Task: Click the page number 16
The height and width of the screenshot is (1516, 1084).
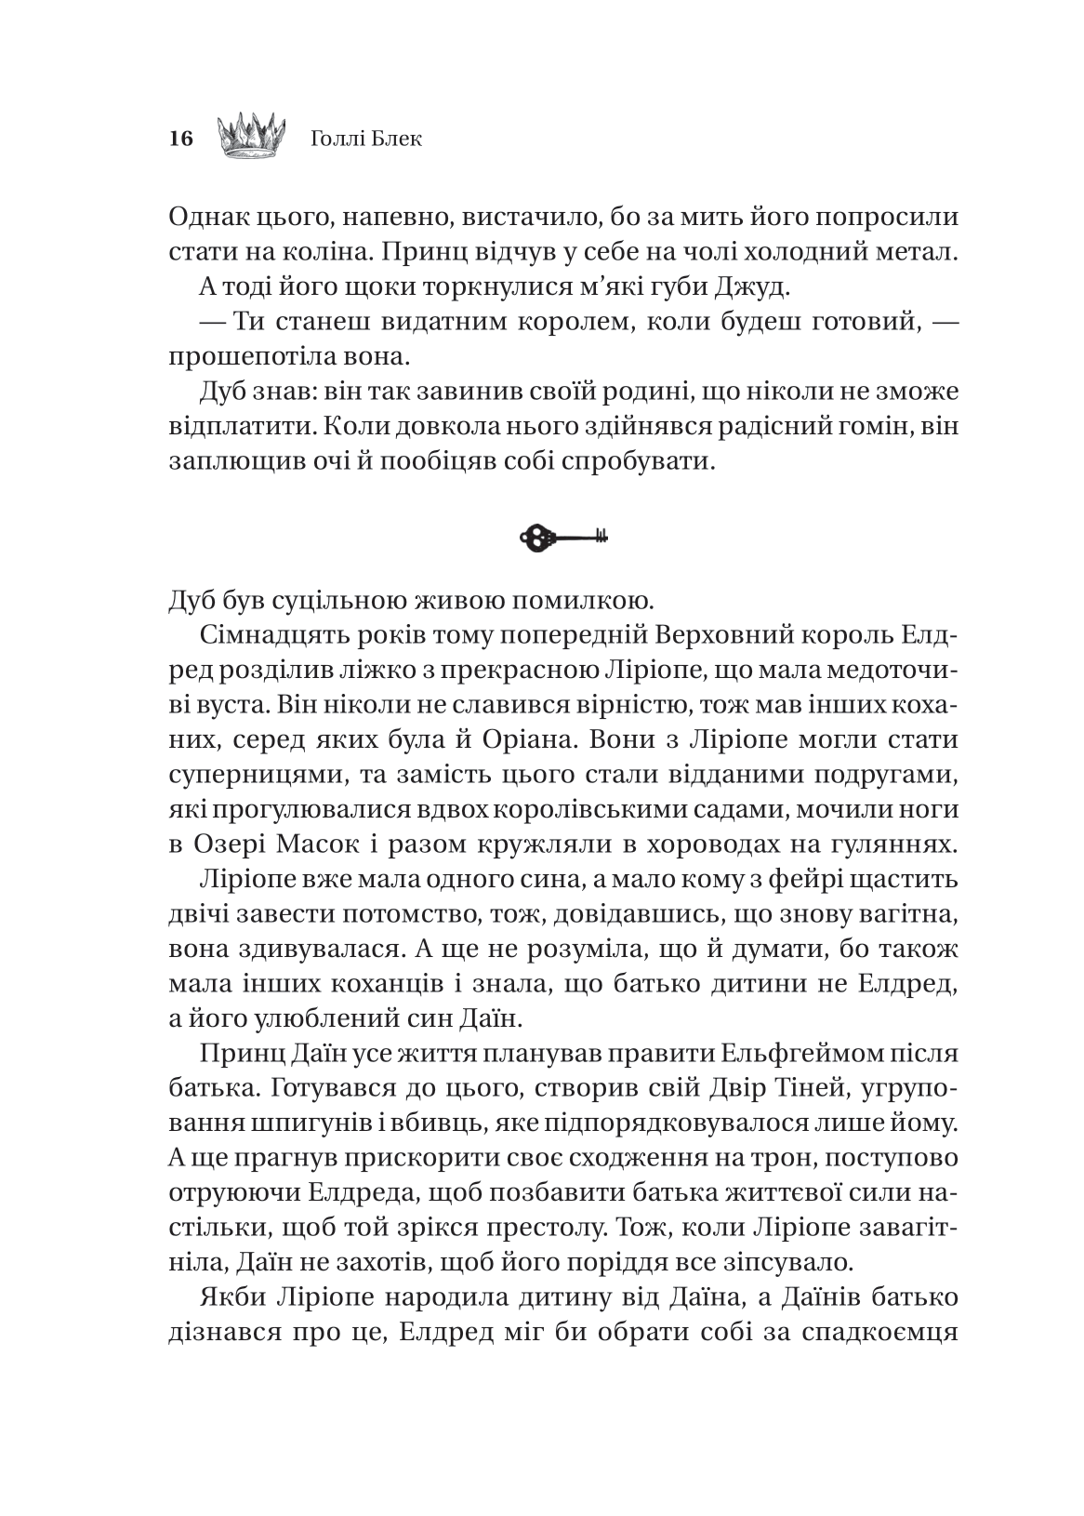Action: pos(180,140)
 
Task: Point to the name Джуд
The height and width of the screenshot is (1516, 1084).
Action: pos(758,287)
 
